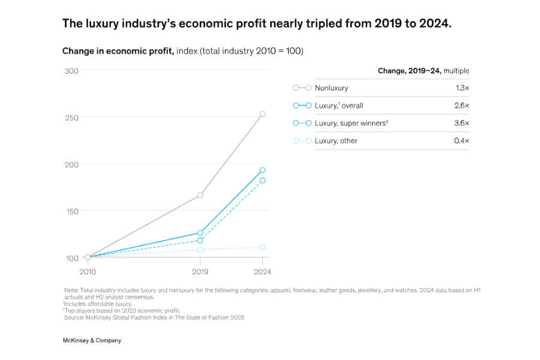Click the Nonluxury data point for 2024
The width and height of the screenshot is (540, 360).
(x=262, y=114)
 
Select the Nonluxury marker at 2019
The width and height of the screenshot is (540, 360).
(x=200, y=195)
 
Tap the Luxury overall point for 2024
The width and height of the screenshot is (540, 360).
(x=262, y=170)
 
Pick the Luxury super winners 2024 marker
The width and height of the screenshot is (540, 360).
(x=262, y=180)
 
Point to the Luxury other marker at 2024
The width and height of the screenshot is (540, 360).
(x=262, y=247)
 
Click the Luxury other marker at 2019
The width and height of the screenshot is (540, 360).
(x=200, y=250)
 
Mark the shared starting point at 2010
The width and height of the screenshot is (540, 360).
(x=88, y=257)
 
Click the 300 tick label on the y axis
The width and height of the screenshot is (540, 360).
(x=71, y=71)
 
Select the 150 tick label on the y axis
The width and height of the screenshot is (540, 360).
(x=71, y=211)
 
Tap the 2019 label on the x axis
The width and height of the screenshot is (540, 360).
(x=200, y=272)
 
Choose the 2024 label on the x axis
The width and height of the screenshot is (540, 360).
(x=262, y=272)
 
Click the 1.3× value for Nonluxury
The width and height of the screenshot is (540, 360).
(x=462, y=88)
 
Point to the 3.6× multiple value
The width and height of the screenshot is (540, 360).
(x=462, y=123)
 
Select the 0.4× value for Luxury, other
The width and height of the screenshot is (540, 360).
(x=462, y=141)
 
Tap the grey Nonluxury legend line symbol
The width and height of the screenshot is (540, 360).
(x=302, y=88)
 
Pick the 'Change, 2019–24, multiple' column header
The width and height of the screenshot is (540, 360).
(x=423, y=71)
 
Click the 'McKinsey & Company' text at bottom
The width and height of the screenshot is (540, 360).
(x=92, y=340)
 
